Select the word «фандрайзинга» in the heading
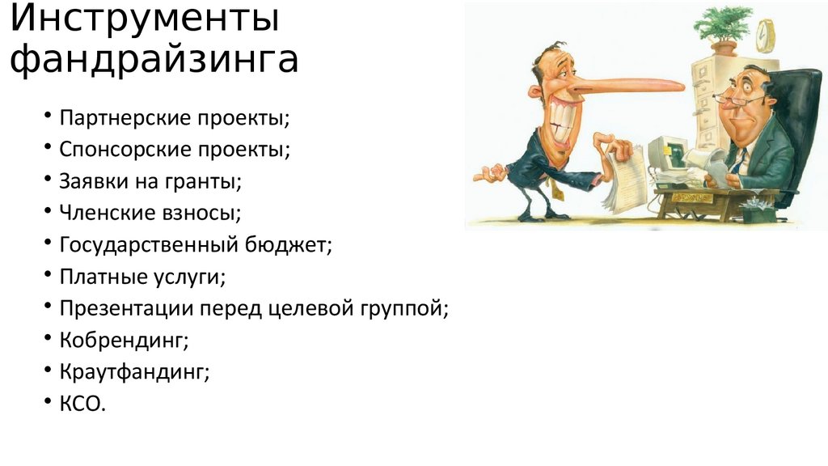coord(154,61)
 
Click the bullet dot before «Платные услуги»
coord(49,277)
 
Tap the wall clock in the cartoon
coord(764,35)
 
